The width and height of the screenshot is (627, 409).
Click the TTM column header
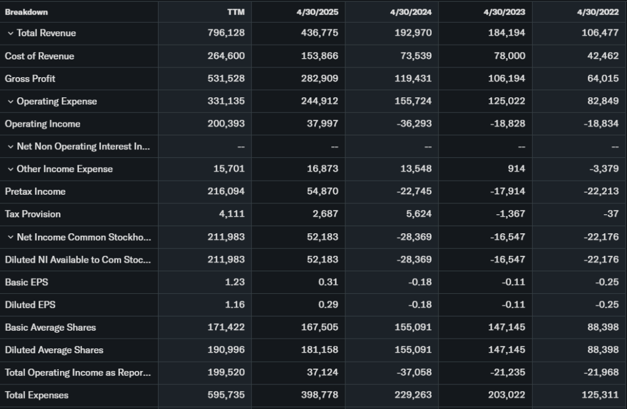(x=235, y=12)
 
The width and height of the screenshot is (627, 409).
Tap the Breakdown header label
(x=26, y=12)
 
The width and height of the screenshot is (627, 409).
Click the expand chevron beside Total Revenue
(x=10, y=33)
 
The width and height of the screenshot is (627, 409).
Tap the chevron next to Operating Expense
(x=10, y=101)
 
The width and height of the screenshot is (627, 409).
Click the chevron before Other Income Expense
(x=10, y=169)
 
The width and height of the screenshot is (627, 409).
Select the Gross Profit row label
(x=31, y=78)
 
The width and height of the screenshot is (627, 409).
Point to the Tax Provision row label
(x=32, y=214)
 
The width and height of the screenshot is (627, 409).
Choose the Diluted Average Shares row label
(x=54, y=350)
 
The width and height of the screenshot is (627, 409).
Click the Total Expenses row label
(x=37, y=395)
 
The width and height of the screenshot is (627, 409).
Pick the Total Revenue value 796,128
(x=226, y=33)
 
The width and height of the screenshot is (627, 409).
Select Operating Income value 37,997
(x=322, y=124)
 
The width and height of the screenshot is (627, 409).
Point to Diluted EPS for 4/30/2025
(x=328, y=304)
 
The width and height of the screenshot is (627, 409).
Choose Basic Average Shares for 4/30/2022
(x=602, y=327)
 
